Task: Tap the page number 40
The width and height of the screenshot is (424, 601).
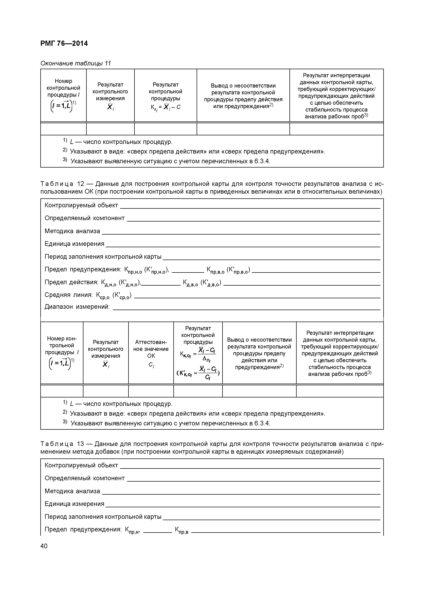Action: click(x=44, y=546)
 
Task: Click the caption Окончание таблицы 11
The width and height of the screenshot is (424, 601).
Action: click(x=76, y=63)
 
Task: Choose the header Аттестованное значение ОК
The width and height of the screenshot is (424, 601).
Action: click(x=151, y=349)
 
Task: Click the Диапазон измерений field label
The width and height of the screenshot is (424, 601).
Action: click(x=77, y=306)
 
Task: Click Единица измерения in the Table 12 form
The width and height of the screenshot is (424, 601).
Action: click(x=74, y=244)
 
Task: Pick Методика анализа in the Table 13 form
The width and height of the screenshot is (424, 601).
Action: click(x=72, y=491)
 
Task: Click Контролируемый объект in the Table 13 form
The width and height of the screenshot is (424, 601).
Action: click(x=81, y=465)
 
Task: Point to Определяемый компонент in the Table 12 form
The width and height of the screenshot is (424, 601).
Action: click(x=84, y=218)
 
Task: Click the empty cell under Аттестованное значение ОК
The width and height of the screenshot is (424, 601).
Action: click(x=151, y=391)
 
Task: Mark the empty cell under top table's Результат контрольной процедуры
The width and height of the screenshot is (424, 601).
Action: click(x=165, y=129)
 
